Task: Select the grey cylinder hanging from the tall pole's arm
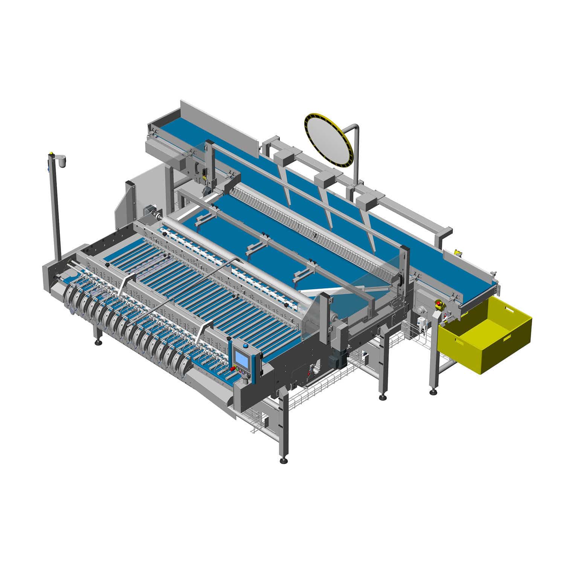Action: click(x=62, y=161)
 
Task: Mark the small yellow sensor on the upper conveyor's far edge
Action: click(x=458, y=252)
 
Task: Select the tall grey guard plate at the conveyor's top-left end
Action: click(x=218, y=124)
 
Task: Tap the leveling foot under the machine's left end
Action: click(x=99, y=342)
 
